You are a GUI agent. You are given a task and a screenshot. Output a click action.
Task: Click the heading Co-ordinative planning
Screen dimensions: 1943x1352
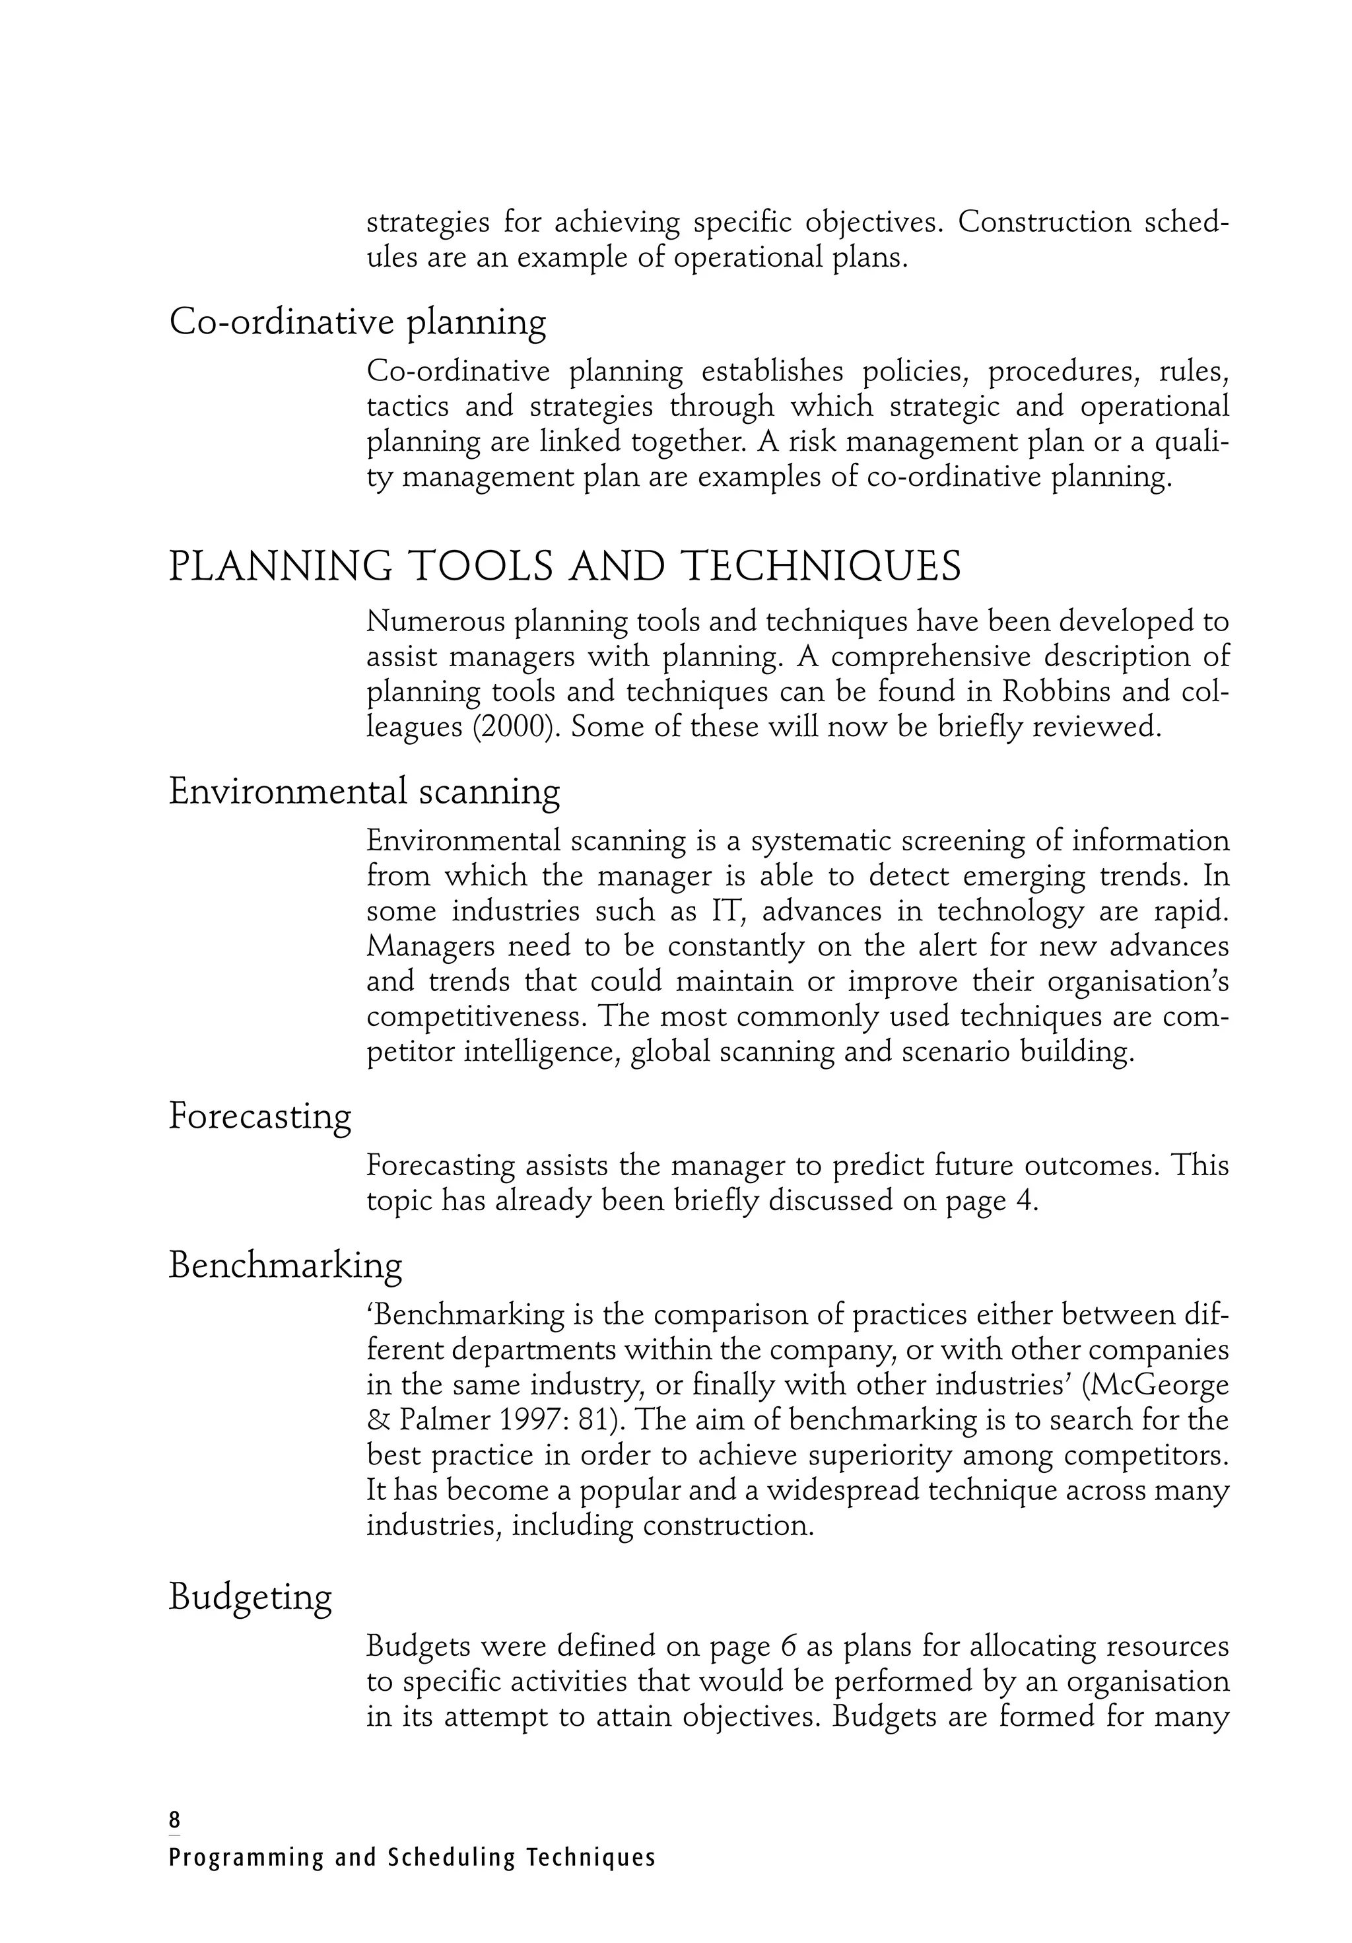click(357, 322)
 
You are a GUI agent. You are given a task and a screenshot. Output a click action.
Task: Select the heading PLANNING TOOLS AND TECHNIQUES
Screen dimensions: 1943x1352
click(564, 566)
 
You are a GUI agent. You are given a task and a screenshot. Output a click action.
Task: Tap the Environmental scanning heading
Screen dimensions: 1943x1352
click(364, 791)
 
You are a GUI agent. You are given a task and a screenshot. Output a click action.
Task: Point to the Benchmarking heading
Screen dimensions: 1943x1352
click(285, 1265)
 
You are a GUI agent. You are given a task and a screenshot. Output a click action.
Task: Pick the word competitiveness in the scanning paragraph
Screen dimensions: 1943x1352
click(475, 1016)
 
